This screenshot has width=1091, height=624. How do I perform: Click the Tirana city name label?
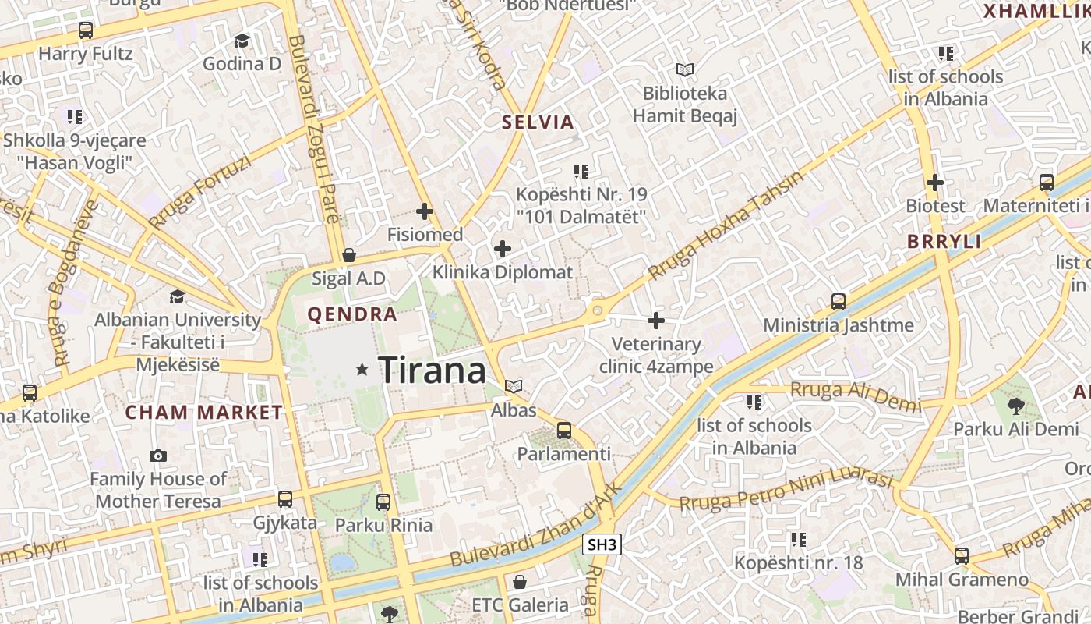(433, 370)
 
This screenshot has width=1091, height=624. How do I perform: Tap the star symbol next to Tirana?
(362, 369)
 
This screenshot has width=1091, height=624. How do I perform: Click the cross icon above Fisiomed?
(425, 211)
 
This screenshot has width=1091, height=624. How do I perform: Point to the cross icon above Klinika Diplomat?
(503, 250)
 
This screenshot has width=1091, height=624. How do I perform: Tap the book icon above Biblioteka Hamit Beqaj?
(684, 70)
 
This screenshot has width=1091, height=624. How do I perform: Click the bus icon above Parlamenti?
(563, 431)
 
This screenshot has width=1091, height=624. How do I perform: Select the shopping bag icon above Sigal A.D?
(349, 255)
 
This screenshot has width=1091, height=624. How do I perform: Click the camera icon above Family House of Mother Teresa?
(158, 456)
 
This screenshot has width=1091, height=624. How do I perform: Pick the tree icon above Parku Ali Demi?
(1015, 405)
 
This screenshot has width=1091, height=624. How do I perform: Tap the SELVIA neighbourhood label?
(538, 122)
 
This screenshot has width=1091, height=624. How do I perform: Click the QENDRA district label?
(352, 315)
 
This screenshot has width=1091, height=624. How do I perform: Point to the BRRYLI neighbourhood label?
(944, 242)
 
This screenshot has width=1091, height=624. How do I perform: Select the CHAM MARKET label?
(204, 413)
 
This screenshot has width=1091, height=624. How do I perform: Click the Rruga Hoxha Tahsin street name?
(725, 226)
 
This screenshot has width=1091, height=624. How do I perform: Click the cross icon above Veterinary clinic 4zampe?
(656, 321)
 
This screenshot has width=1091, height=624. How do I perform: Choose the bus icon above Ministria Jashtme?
(839, 301)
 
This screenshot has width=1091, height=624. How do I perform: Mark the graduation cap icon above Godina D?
(242, 41)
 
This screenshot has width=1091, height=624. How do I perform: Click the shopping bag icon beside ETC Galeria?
(520, 582)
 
